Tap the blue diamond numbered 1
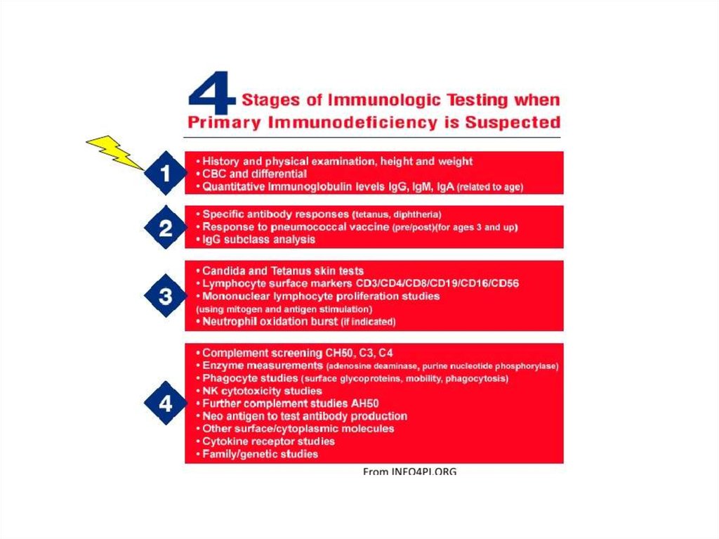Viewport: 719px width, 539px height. pos(166,173)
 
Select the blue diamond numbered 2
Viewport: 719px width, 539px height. pos(166,227)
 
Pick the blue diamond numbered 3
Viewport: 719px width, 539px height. pos(166,295)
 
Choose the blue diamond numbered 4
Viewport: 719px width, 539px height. pos(166,403)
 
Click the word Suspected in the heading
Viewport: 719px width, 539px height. pos(513,122)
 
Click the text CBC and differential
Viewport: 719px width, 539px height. pos(254,174)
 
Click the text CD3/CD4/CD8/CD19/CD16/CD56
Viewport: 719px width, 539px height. pos(437,283)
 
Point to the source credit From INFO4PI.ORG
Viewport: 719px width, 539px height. pos(409,471)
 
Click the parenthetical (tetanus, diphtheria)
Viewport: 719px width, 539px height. pos(397,215)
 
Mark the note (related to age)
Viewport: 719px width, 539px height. pos(489,187)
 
